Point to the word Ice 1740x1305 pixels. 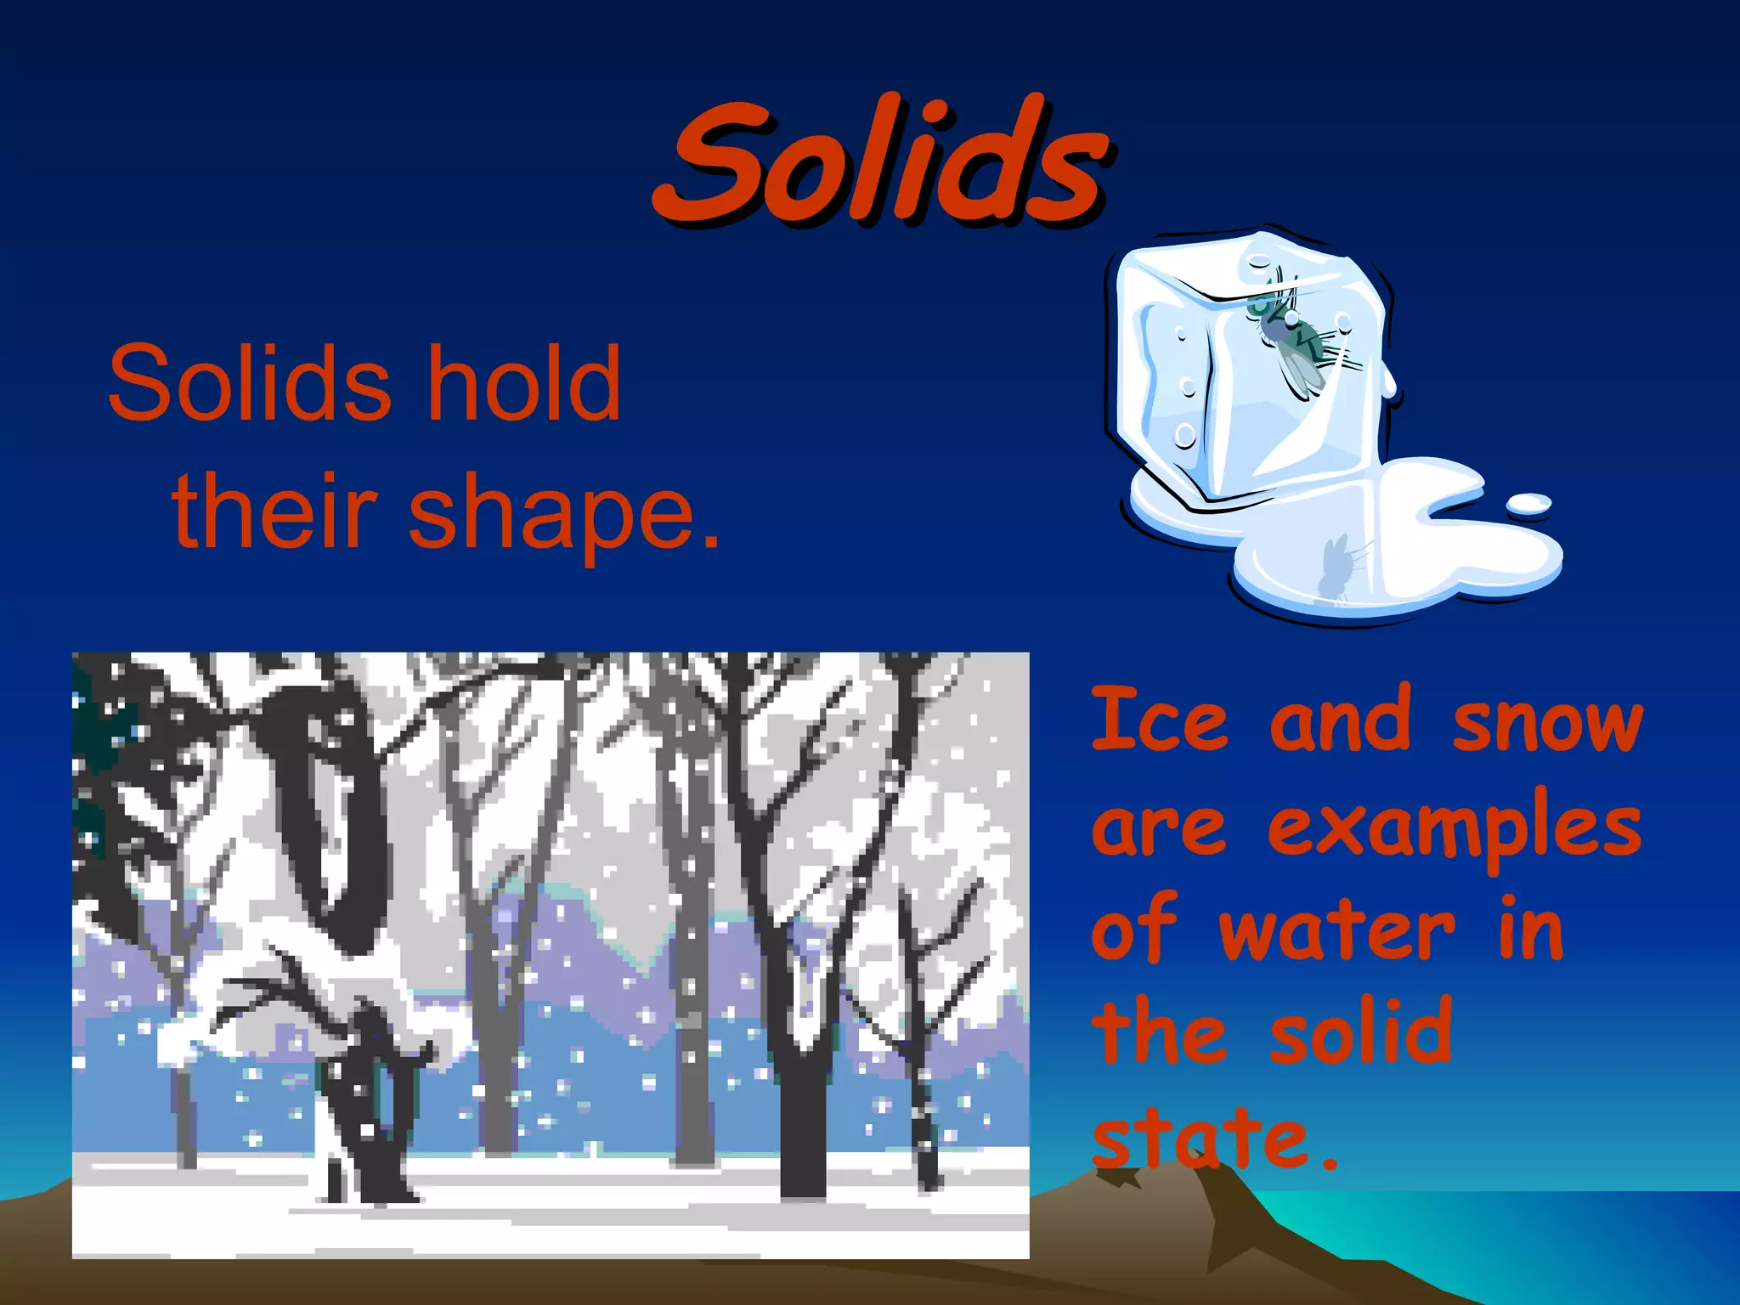point(1159,720)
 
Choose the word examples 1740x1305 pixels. point(1455,828)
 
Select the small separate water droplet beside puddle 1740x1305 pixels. point(1528,504)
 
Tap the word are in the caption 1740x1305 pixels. point(1159,828)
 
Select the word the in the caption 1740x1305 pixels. point(1159,1032)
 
